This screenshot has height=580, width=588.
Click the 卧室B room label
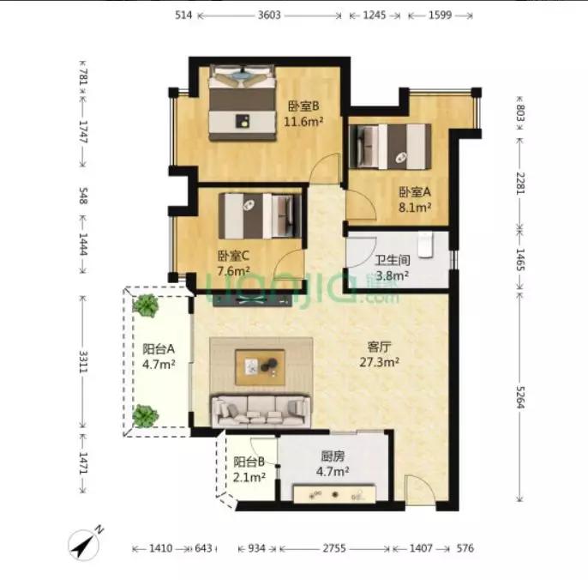[x=303, y=106]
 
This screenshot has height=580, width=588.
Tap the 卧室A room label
[x=413, y=192]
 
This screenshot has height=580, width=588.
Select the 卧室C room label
[x=233, y=256]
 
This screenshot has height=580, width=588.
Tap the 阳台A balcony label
[x=159, y=349]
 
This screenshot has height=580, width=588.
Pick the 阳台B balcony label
[x=249, y=462]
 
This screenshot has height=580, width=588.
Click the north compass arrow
[x=84, y=543]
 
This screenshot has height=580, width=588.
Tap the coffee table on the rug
[x=261, y=366]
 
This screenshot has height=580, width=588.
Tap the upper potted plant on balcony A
[x=147, y=305]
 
